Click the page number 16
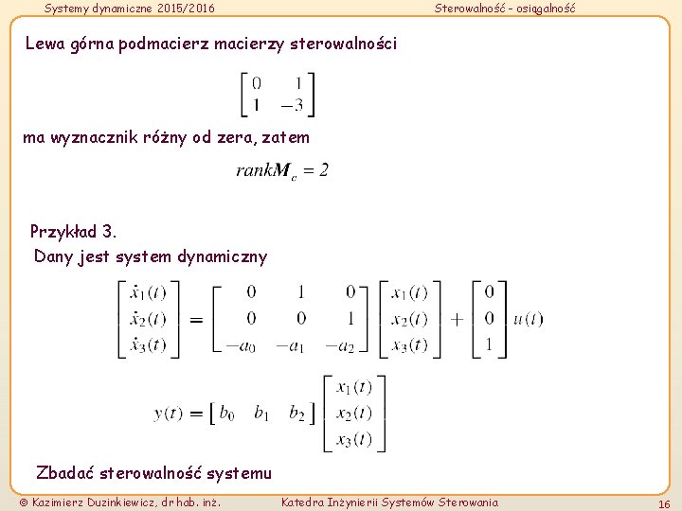pyautogui.click(x=664, y=503)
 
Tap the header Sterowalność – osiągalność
pyautogui.click(x=504, y=9)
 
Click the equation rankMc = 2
pyautogui.click(x=282, y=171)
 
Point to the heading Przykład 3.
pyautogui.click(x=74, y=232)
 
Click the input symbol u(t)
pyautogui.click(x=528, y=319)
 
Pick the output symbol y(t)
pyautogui.click(x=170, y=414)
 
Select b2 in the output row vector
pyautogui.click(x=296, y=414)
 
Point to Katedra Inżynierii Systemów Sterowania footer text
pyautogui.click(x=389, y=502)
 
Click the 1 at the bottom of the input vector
pyautogui.click(x=489, y=345)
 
